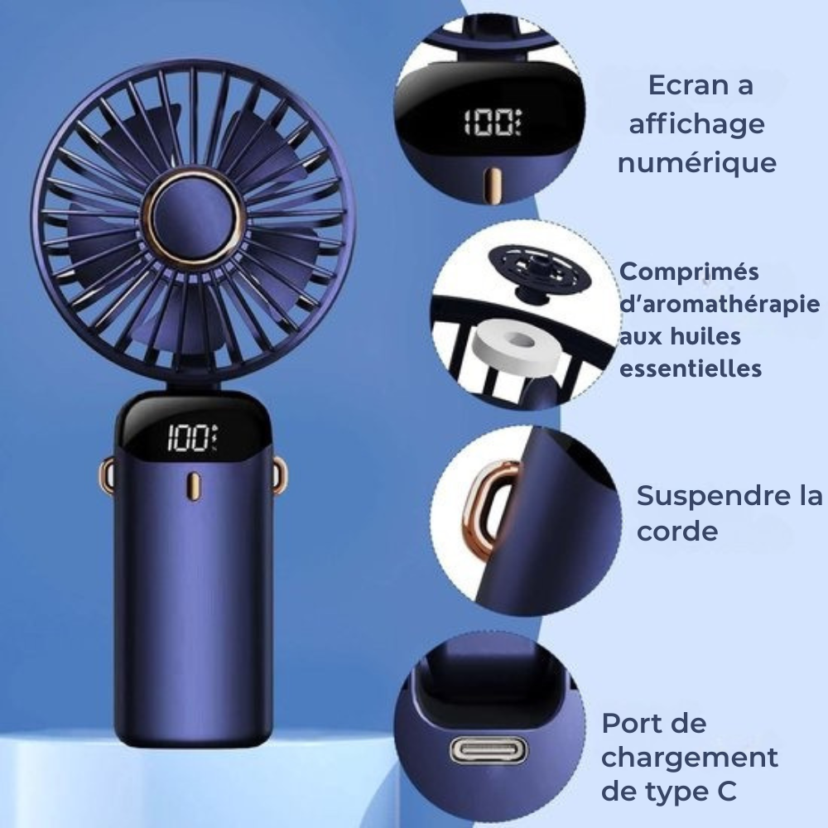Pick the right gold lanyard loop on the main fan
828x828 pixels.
pyautogui.click(x=281, y=475)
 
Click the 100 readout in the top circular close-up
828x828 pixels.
pyautogui.click(x=492, y=123)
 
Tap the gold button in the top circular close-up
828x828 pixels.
pyautogui.click(x=493, y=185)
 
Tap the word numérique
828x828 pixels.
pyautogui.click(x=697, y=162)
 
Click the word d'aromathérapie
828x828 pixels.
pyautogui.click(x=720, y=305)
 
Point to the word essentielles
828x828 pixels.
pyautogui.click(x=691, y=368)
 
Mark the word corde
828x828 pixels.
pyautogui.click(x=677, y=531)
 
